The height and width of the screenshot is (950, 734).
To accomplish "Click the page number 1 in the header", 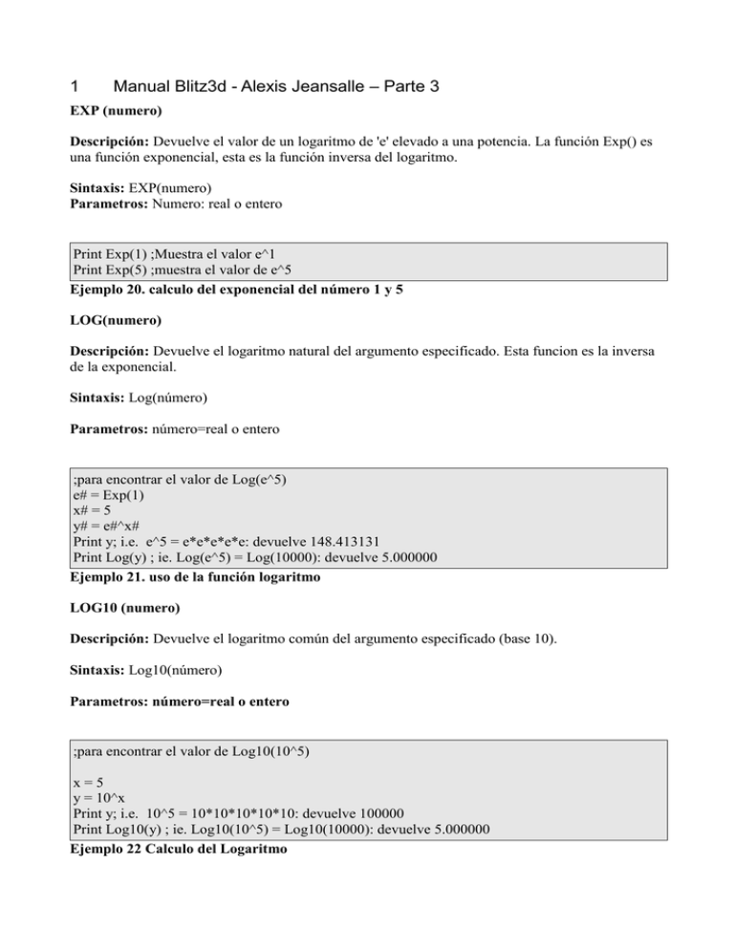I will (76, 87).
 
